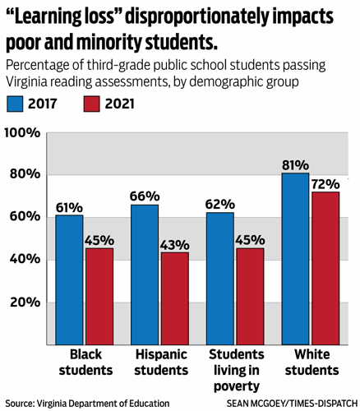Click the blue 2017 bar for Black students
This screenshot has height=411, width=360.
pos(69,279)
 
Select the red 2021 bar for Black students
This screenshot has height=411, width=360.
pos(99,296)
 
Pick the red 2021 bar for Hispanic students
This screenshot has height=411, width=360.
pos(174,298)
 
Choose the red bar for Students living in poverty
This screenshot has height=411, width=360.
pos(251,296)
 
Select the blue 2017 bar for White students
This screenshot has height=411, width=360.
pos(296,258)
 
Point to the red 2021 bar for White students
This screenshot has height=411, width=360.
pos(325,268)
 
